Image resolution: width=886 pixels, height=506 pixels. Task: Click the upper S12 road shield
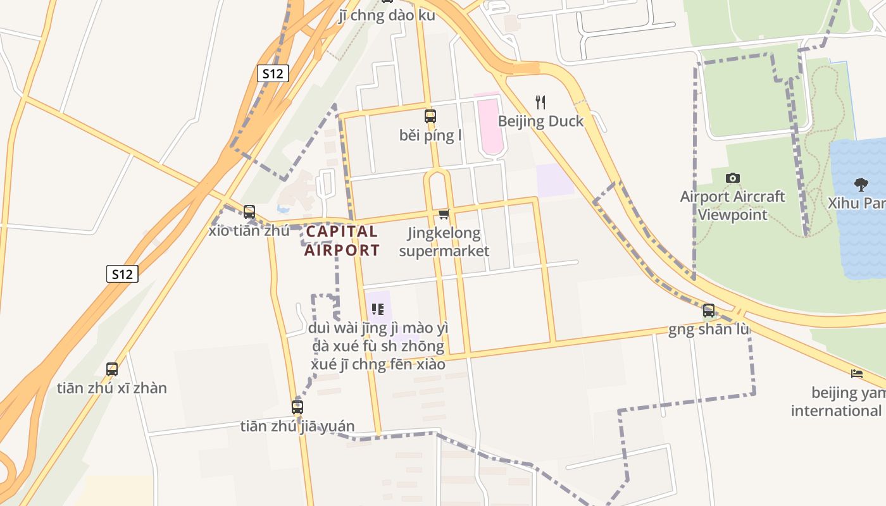pyautogui.click(x=273, y=73)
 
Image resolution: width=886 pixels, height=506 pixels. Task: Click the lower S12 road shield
pyautogui.click(x=122, y=274)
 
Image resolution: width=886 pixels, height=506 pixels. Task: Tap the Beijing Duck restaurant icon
pyautogui.click(x=540, y=102)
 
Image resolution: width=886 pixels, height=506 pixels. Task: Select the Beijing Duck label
pyautogui.click(x=540, y=121)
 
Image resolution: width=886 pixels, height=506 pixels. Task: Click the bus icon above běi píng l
pyautogui.click(x=430, y=116)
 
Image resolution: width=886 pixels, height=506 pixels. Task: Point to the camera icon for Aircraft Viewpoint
pyautogui.click(x=733, y=178)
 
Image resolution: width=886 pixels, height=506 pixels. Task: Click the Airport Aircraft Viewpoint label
pyautogui.click(x=732, y=206)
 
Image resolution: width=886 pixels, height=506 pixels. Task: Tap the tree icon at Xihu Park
pyautogui.click(x=861, y=184)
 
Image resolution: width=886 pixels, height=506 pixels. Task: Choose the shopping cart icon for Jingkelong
pyautogui.click(x=444, y=214)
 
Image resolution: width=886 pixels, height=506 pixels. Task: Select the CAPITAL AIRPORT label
pyautogui.click(x=342, y=240)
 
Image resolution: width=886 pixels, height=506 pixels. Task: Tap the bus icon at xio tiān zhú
pyautogui.click(x=249, y=211)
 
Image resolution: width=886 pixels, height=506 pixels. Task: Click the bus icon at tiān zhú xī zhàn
pyautogui.click(x=112, y=369)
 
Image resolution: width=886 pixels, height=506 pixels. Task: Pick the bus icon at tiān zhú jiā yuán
pyautogui.click(x=297, y=407)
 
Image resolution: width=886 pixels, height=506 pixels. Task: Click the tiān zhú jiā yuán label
pyautogui.click(x=297, y=426)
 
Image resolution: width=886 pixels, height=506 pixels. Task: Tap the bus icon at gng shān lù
pyautogui.click(x=709, y=310)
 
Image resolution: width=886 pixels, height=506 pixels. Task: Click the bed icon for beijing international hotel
pyautogui.click(x=857, y=373)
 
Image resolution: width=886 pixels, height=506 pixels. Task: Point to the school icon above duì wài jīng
pyautogui.click(x=378, y=309)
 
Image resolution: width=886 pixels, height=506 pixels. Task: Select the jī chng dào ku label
pyautogui.click(x=387, y=15)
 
